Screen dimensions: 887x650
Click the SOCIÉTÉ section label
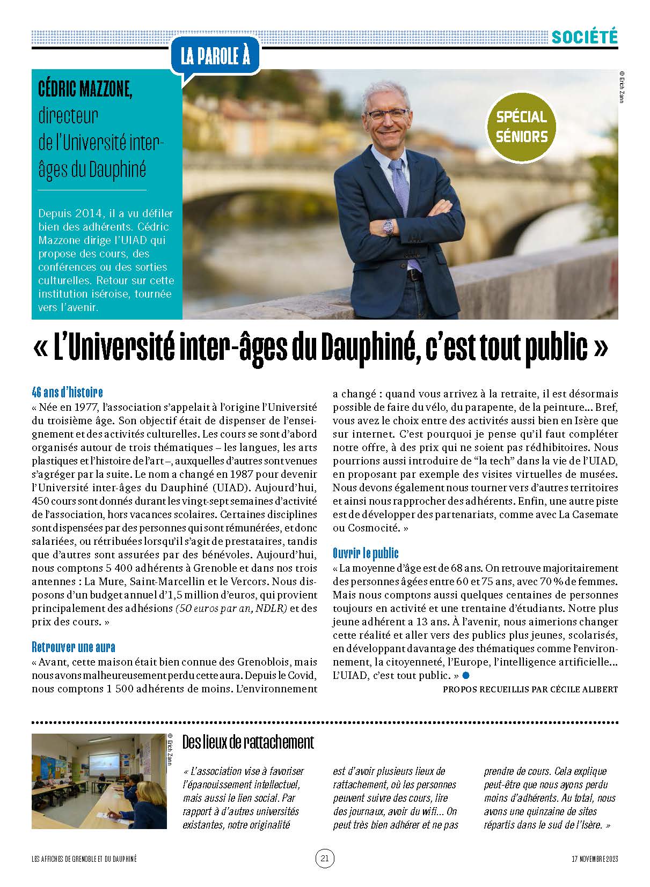[x=585, y=36]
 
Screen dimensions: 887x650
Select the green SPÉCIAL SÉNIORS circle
[x=521, y=127]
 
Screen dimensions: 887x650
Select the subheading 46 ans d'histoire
[x=67, y=392]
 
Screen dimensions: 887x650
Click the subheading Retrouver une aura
[x=74, y=647]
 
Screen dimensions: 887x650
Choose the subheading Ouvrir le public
[x=366, y=553]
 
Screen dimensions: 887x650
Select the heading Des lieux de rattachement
[x=248, y=742]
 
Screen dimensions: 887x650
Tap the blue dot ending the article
[x=466, y=675]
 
